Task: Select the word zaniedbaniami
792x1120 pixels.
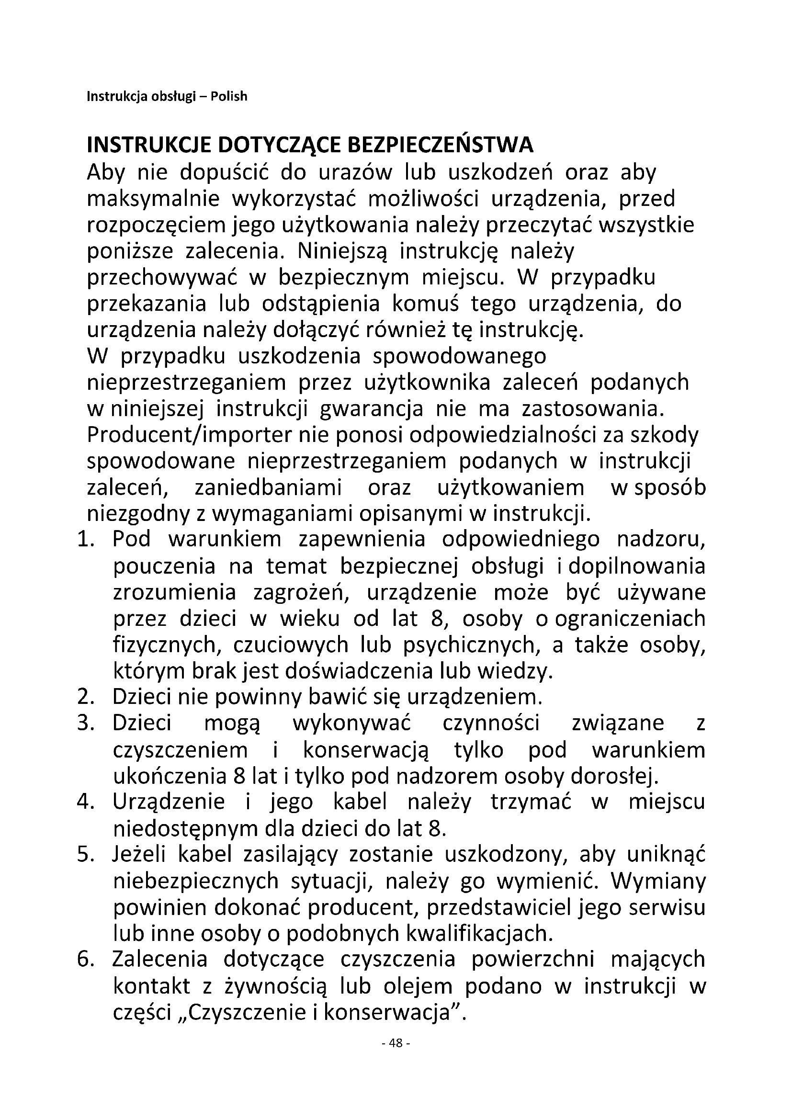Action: click(x=268, y=488)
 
